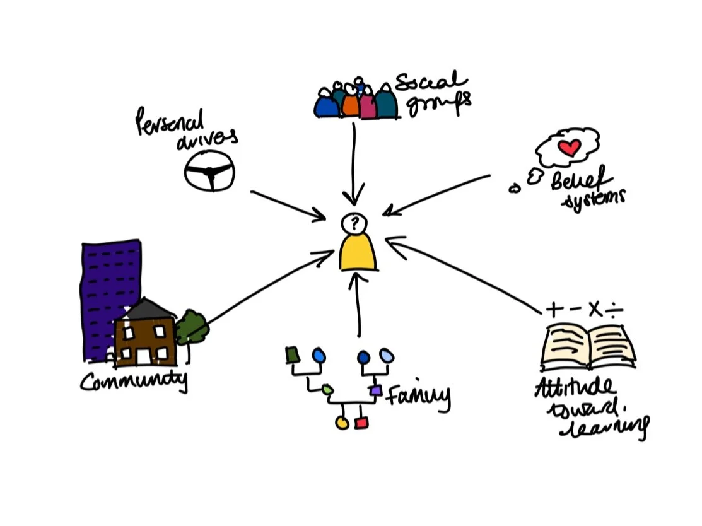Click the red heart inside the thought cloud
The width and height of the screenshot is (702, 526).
point(570,148)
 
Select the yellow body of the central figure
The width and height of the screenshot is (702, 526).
point(358,252)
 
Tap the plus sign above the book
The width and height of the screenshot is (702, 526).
point(554,309)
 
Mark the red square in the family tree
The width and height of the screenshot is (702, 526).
point(361,423)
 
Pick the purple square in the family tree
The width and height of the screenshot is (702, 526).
point(376,391)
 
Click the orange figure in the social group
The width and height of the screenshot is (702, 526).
point(351,104)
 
